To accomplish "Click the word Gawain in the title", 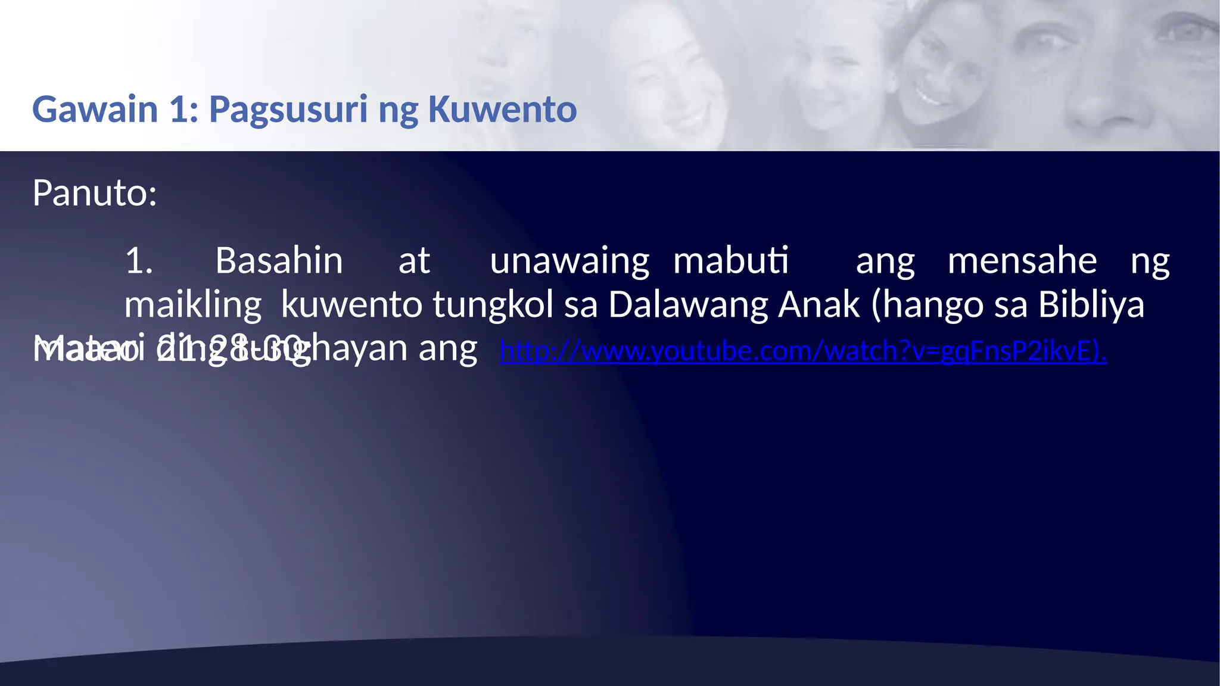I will [95, 110].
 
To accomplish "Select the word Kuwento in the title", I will [502, 110].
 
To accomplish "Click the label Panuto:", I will [95, 193].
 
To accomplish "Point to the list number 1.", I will [139, 261].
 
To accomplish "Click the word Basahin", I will [279, 261].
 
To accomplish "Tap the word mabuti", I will [731, 261].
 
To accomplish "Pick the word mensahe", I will [1022, 261].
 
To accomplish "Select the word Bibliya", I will [1091, 305].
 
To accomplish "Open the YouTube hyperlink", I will [803, 351].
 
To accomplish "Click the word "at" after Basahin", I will [414, 261].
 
